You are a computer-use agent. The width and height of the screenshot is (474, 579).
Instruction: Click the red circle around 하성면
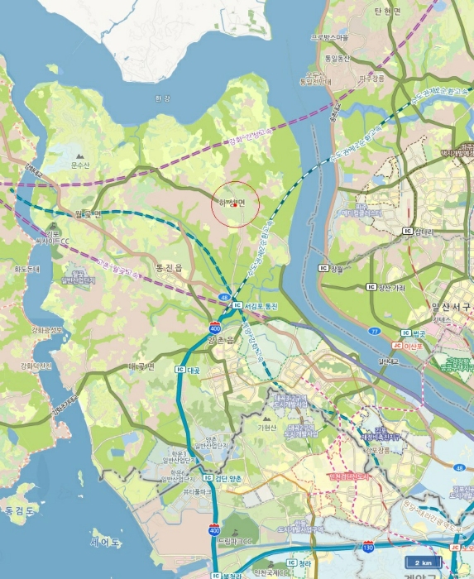[x=236, y=204]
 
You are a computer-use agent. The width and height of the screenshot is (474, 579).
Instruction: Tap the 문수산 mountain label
[x=79, y=165]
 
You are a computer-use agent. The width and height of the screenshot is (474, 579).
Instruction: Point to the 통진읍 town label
[x=168, y=268]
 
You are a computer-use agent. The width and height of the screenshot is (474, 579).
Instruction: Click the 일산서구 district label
[x=451, y=307]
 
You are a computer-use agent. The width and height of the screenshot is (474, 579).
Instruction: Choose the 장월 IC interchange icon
[x=324, y=268]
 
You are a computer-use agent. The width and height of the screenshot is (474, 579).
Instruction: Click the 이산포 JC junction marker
[x=396, y=345]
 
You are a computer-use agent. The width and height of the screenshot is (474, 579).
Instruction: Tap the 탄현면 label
[x=387, y=11]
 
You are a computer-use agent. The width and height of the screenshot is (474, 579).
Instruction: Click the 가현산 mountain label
[x=266, y=428]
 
